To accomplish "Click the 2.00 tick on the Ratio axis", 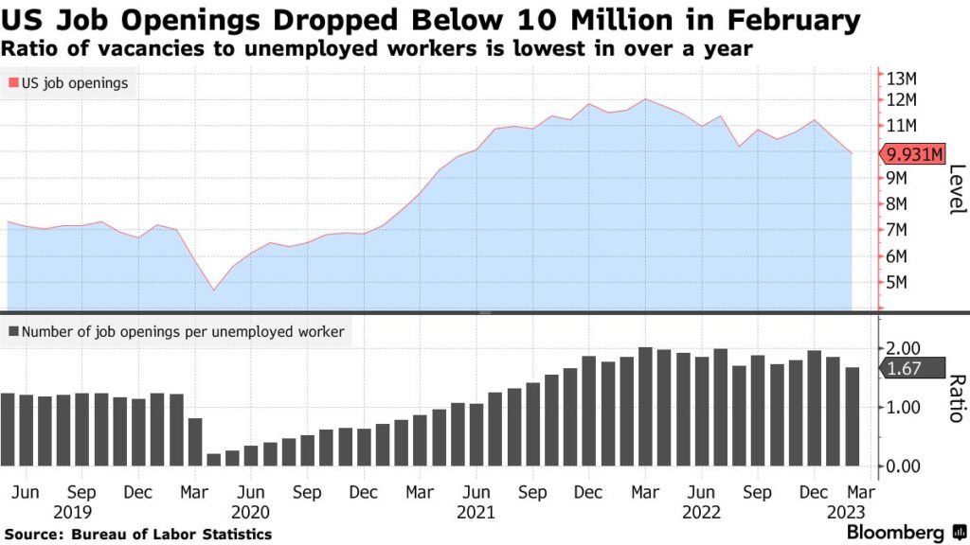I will tap(902, 348).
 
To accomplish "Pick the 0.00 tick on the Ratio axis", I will tap(902, 466).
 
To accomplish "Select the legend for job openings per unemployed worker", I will tap(176, 332).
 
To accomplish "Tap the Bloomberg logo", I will tap(895, 533).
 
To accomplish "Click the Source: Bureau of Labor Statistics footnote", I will tap(137, 535).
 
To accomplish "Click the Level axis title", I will tap(956, 189).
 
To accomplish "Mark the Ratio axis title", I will tap(956, 397).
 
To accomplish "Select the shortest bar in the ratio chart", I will tap(213, 460).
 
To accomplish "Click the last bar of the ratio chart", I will tap(852, 417).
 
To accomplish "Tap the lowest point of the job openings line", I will tap(213, 290).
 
